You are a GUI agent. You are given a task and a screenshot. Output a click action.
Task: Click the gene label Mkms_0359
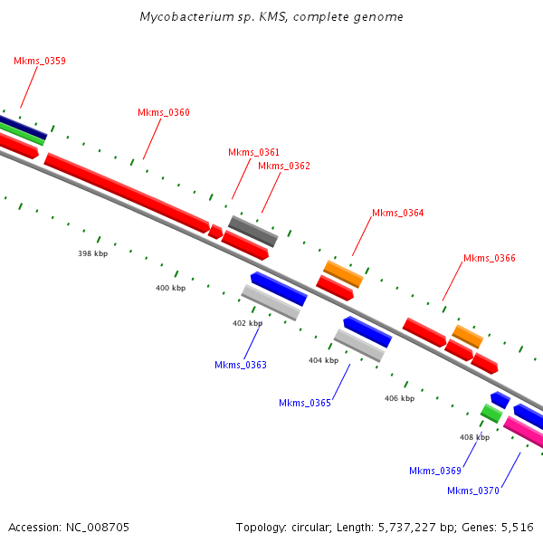click(40, 62)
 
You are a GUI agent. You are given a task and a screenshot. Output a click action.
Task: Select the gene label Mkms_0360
click(164, 113)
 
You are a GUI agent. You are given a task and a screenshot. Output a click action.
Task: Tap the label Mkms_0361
click(253, 152)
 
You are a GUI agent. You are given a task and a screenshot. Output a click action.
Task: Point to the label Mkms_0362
click(284, 167)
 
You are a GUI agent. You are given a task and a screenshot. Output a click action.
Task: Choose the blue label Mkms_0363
click(240, 366)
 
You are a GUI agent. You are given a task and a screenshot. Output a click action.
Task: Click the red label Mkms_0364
click(398, 214)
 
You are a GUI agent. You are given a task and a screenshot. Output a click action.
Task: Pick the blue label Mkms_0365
click(305, 404)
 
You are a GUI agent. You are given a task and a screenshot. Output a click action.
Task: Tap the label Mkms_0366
click(490, 259)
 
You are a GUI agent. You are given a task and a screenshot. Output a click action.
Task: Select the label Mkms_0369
click(435, 472)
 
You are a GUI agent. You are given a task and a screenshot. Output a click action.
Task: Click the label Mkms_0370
click(473, 491)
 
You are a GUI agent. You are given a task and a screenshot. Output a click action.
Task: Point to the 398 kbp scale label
click(92, 254)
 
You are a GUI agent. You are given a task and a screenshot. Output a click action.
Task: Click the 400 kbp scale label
click(170, 289)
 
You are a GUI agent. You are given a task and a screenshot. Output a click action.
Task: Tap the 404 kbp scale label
click(323, 361)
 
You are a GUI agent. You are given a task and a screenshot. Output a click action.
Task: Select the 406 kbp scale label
click(399, 399)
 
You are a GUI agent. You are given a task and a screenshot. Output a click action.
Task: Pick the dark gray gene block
click(253, 232)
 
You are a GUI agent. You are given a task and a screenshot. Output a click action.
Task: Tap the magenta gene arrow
click(524, 433)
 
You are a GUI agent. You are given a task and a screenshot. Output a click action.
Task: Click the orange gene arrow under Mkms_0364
click(344, 272)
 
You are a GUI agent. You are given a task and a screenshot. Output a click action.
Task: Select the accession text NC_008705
click(69, 527)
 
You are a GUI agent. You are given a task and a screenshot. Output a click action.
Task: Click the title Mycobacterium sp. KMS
click(271, 17)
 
